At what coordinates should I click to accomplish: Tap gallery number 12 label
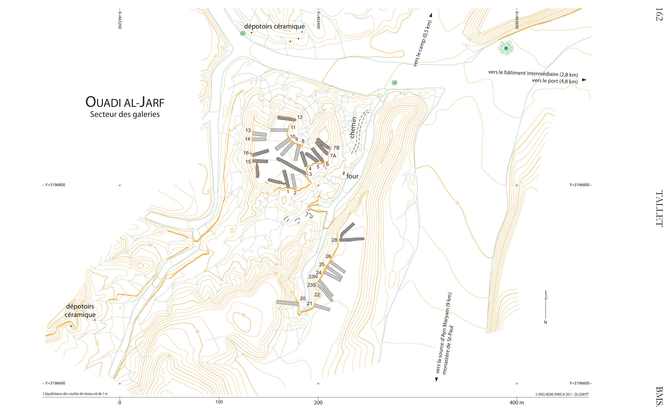(x=300, y=117)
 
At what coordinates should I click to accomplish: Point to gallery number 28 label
(x=334, y=240)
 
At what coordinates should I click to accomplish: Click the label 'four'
(x=352, y=176)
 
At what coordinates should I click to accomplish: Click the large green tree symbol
(x=506, y=48)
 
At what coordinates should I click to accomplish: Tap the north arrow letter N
(x=545, y=322)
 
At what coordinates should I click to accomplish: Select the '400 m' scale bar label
(x=516, y=403)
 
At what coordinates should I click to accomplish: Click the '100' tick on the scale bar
(x=219, y=402)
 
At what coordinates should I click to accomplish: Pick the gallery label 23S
(x=312, y=285)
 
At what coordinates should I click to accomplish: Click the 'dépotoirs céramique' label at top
(x=274, y=27)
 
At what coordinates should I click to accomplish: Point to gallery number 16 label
(x=246, y=153)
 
